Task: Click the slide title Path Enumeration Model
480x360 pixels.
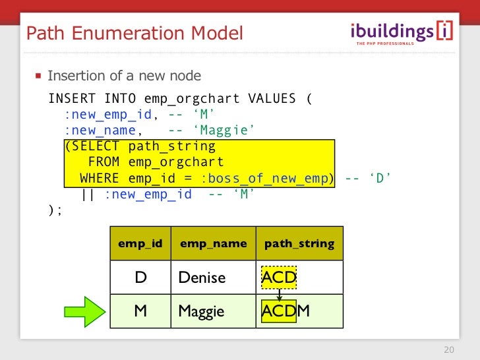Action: click(134, 32)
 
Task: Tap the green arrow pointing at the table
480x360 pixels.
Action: click(84, 311)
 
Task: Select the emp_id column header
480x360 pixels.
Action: click(140, 244)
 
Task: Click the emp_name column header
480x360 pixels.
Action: click(213, 244)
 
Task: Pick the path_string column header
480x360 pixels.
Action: click(299, 244)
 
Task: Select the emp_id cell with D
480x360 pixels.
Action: click(140, 278)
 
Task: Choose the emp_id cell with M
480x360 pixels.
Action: click(140, 311)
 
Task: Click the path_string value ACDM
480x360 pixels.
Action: click(285, 311)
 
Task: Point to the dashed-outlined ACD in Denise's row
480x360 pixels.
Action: click(279, 278)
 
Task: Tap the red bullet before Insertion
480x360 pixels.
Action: click(38, 76)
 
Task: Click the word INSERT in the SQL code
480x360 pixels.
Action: click(72, 100)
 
